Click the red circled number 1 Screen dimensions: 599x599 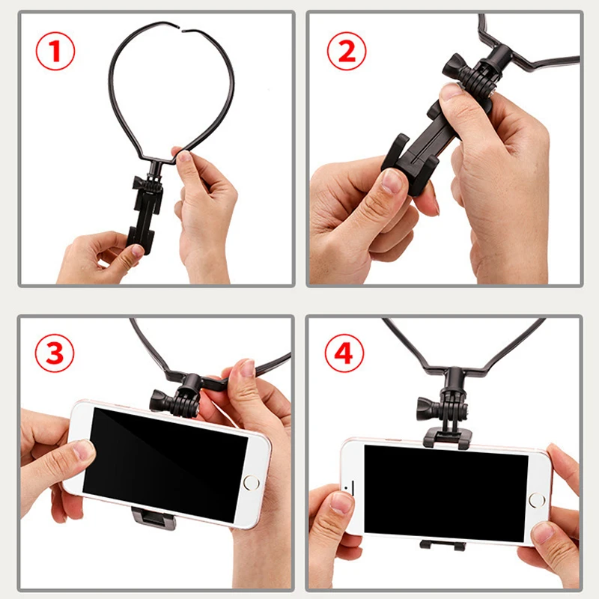[x=55, y=51]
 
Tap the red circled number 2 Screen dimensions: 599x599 [x=347, y=51]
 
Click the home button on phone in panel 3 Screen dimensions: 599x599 [x=251, y=482]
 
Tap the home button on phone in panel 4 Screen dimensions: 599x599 [x=537, y=500]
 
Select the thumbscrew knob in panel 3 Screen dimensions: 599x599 [x=159, y=401]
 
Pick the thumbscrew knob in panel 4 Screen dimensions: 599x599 [x=427, y=408]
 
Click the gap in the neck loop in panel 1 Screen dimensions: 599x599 [x=180, y=28]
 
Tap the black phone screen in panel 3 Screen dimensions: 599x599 [x=165, y=464]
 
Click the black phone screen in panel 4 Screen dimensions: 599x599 [x=446, y=493]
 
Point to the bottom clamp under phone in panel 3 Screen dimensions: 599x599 [x=154, y=517]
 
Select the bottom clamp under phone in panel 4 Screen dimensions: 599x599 [x=443, y=545]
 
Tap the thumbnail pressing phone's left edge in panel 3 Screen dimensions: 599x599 [x=84, y=450]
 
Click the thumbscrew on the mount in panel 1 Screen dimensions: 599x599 [x=138, y=183]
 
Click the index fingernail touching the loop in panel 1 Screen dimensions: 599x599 [x=184, y=156]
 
